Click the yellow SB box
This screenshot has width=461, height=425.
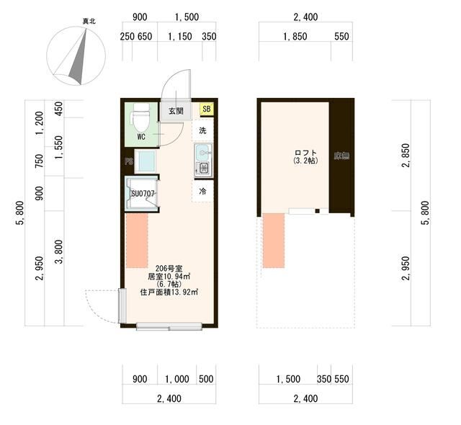click(207, 109)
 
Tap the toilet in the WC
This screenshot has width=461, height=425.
click(141, 117)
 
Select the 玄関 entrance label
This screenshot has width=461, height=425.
click(176, 111)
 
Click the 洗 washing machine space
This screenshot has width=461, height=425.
click(202, 130)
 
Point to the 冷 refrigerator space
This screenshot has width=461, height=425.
click(202, 192)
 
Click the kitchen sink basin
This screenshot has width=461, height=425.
click(203, 152)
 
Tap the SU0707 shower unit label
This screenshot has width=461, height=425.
click(143, 194)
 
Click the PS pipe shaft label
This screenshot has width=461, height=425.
click(129, 161)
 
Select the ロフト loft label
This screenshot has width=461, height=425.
click(305, 153)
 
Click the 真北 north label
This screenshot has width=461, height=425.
click(89, 21)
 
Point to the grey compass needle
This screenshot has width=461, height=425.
click(78, 57)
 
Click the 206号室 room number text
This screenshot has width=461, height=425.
click(169, 269)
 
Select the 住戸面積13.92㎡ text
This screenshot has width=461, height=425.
click(169, 292)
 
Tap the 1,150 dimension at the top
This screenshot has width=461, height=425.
click(180, 37)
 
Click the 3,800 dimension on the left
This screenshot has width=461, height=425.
click(59, 251)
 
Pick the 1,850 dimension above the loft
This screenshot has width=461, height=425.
click(295, 37)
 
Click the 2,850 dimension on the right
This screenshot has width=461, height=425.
click(406, 155)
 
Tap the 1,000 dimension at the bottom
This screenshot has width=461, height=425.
click(177, 379)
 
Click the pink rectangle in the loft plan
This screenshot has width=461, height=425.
click(274, 241)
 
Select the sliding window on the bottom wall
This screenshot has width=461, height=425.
click(169, 326)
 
